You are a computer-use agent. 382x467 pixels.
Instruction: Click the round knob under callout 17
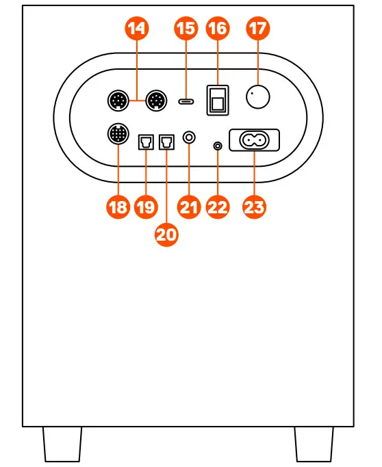pos(258,97)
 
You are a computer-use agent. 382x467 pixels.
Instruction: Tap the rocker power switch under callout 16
pos(218,99)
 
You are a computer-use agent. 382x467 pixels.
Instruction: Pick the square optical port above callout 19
pos(146,142)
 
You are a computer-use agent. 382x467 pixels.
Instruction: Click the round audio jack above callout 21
pos(189,138)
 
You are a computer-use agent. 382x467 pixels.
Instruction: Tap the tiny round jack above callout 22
pos(218,145)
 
